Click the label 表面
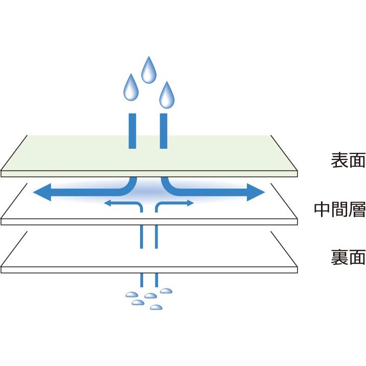click(x=348, y=160)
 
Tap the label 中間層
click(x=339, y=209)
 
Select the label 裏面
click(x=348, y=257)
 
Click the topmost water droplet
click(x=149, y=70)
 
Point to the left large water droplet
click(x=131, y=87)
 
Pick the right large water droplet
click(x=167, y=95)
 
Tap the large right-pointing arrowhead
click(x=256, y=192)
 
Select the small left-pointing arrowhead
click(x=107, y=203)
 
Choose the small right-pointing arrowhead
click(x=190, y=203)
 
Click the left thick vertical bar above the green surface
click(x=132, y=131)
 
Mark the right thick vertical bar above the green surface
click(x=164, y=131)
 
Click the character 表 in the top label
click(x=339, y=160)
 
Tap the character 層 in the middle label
click(x=357, y=209)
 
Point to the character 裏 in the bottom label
click(x=339, y=257)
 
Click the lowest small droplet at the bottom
click(x=156, y=307)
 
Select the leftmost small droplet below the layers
click(x=132, y=294)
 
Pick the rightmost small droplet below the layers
click(x=166, y=291)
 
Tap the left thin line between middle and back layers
click(x=142, y=237)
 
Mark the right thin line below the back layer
click(x=156, y=280)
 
